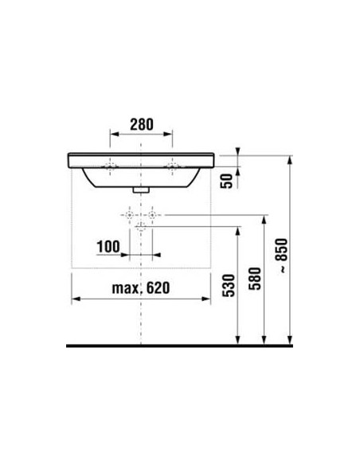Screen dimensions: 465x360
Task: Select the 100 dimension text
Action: point(108,248)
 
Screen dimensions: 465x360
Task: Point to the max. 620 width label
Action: point(141,287)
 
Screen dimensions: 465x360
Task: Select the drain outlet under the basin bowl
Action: point(141,190)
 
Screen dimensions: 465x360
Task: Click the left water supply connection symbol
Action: point(127,216)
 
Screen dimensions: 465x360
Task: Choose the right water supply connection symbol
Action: point(151,216)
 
